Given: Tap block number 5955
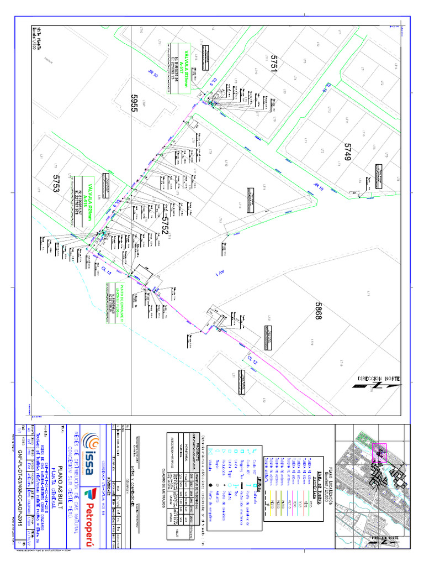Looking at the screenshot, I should (x=134, y=103).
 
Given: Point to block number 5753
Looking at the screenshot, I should (x=56, y=184).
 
